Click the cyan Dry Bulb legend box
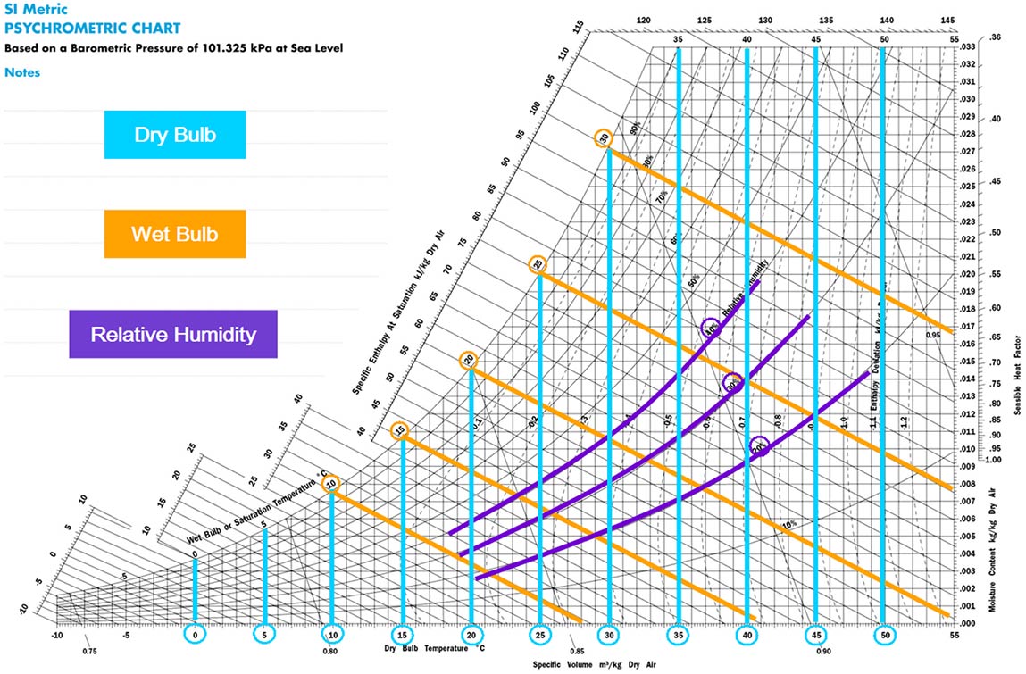[174, 135]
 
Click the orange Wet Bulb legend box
[174, 234]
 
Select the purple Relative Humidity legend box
[173, 335]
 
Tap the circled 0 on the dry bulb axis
[195, 635]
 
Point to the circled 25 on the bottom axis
[539, 635]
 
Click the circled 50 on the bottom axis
[884, 635]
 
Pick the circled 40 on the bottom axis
[747, 635]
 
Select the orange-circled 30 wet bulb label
[605, 138]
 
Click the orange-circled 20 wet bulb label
[469, 361]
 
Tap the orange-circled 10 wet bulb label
[331, 483]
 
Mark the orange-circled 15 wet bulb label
[401, 431]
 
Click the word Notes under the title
[22, 72]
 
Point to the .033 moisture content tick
[967, 47]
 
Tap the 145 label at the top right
[947, 20]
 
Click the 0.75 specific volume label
[89, 652]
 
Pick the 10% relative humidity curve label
[788, 525]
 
